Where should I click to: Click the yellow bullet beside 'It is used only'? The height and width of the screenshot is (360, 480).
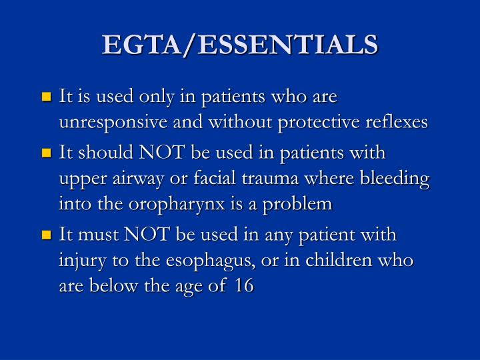(x=47, y=97)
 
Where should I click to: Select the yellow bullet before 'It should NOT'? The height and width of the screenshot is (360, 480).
(x=47, y=153)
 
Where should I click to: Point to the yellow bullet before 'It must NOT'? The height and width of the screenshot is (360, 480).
(x=47, y=235)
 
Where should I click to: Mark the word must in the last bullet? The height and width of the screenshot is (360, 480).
(x=99, y=235)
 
